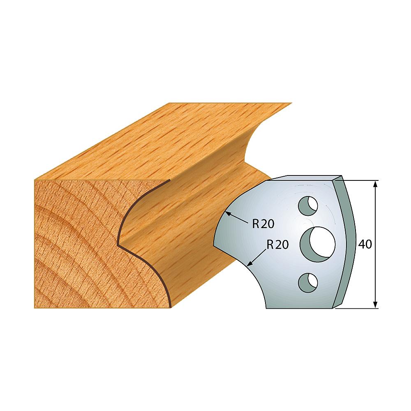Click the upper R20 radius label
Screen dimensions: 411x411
pyautogui.click(x=263, y=224)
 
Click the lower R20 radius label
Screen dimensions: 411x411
pyautogui.click(x=277, y=245)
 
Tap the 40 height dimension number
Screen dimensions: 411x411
pyautogui.click(x=365, y=244)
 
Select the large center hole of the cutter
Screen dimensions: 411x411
pyautogui.click(x=318, y=244)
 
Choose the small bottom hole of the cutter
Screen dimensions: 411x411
pyautogui.click(x=308, y=283)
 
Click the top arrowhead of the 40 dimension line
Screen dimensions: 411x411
pyautogui.click(x=375, y=183)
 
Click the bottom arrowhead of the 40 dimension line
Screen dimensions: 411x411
pyautogui.click(x=375, y=305)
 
